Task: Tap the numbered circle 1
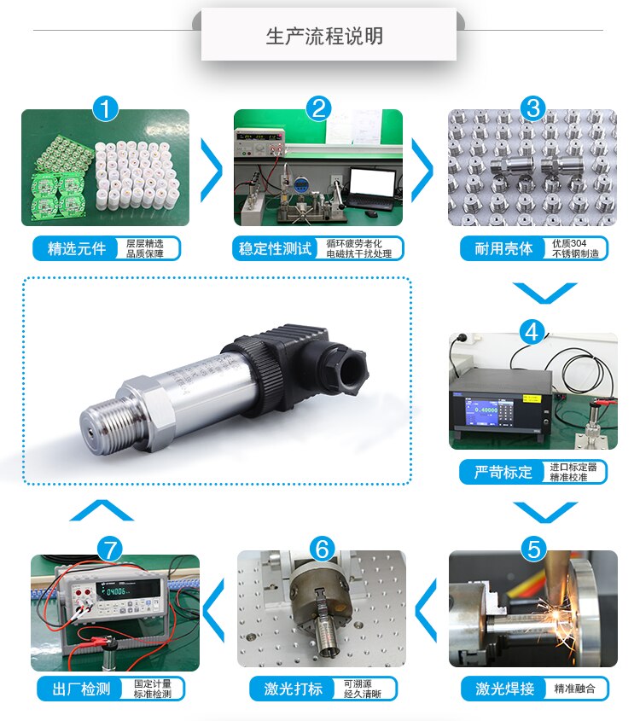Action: (106, 108)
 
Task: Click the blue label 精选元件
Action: (77, 248)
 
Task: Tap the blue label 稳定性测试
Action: (275, 248)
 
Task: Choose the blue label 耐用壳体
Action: (503, 248)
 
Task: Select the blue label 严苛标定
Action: (503, 472)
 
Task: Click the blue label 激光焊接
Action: (504, 689)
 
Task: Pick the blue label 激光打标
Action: (290, 689)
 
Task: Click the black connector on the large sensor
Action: (282, 358)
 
